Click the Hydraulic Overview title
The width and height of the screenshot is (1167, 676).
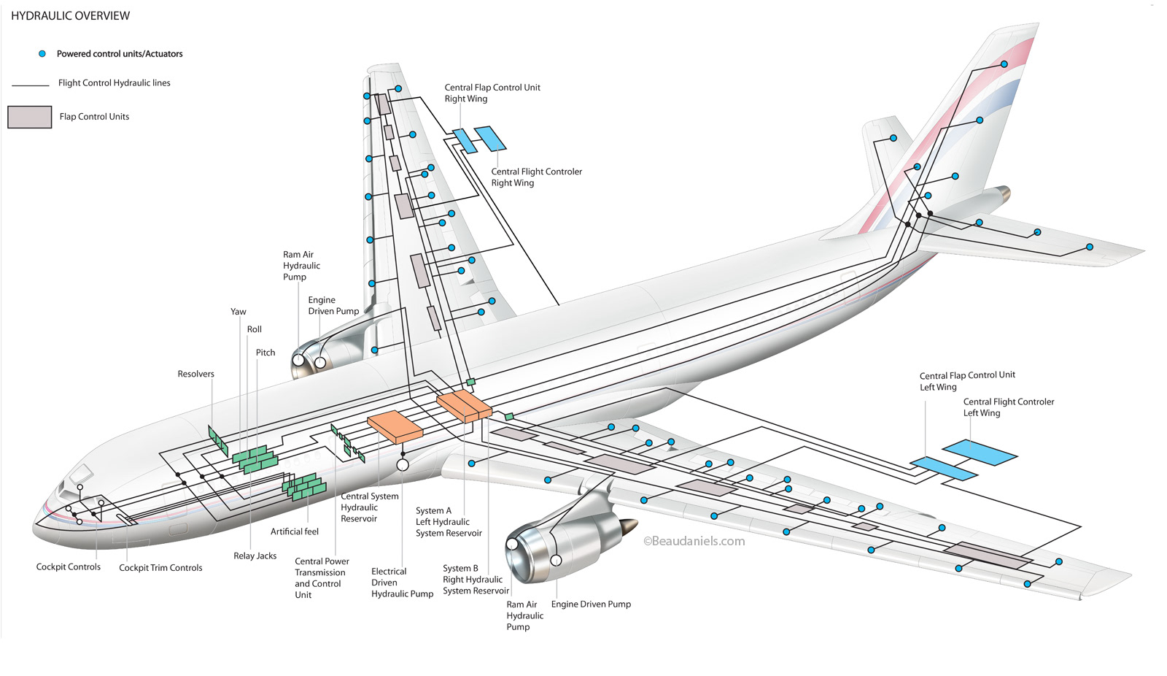(70, 15)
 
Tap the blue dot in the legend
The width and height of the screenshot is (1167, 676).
(42, 53)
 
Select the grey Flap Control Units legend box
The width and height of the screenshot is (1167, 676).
(30, 117)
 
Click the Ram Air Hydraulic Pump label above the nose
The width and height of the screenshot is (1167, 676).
(301, 266)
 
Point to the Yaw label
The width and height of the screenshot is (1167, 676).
(239, 312)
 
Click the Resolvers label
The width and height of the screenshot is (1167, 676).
(195, 374)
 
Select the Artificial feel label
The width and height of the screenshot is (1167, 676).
(295, 531)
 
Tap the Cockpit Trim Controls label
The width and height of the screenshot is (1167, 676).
(160, 567)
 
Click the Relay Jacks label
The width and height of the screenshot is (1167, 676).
(255, 556)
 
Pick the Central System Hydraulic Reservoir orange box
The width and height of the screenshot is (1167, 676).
(394, 426)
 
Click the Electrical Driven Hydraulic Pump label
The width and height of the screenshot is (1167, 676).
(402, 583)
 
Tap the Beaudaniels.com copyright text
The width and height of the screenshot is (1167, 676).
(694, 541)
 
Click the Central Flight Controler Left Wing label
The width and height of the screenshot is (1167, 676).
(1008, 407)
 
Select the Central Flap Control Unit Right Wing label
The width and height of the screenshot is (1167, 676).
(492, 93)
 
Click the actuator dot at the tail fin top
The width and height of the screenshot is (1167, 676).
(1004, 64)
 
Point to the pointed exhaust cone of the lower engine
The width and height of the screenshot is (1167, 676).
(629, 526)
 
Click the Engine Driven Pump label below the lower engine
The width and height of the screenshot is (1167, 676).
(591, 604)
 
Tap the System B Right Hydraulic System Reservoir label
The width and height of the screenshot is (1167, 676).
(476, 580)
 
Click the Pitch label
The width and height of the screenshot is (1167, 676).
(265, 353)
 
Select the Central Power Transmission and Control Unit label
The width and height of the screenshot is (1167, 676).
(321, 578)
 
